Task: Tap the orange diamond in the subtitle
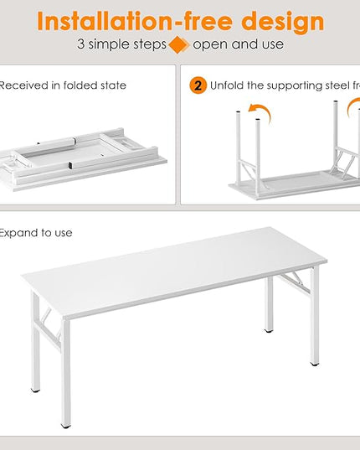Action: pos(177,44)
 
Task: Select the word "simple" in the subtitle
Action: pos(112,44)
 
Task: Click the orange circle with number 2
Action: pos(198,85)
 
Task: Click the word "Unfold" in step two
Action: pos(227,85)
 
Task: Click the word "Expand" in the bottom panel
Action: pos(18,232)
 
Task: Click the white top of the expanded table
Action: pos(167,277)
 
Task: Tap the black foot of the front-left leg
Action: pos(65,425)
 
